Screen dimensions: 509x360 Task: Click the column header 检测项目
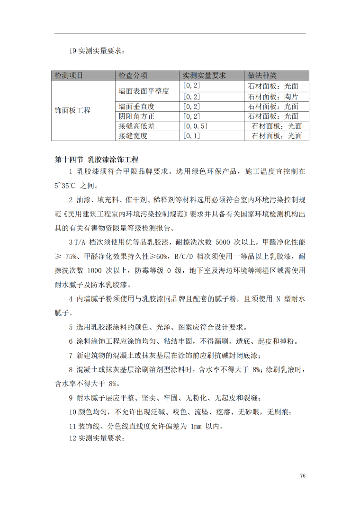click(x=69, y=76)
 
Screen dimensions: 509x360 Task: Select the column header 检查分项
click(x=133, y=76)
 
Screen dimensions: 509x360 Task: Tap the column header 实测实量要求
click(x=205, y=76)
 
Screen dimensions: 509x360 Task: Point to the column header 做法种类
click(x=262, y=76)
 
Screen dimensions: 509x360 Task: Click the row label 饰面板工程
click(x=73, y=110)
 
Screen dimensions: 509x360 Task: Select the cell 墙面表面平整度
click(x=144, y=90)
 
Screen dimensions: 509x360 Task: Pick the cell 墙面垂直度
click(x=137, y=107)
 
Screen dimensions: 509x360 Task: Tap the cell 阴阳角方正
click(x=137, y=116)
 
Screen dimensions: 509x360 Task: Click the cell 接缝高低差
click(x=137, y=126)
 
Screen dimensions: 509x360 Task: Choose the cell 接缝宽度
click(x=133, y=136)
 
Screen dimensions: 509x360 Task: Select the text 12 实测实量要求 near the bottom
click(x=97, y=438)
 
